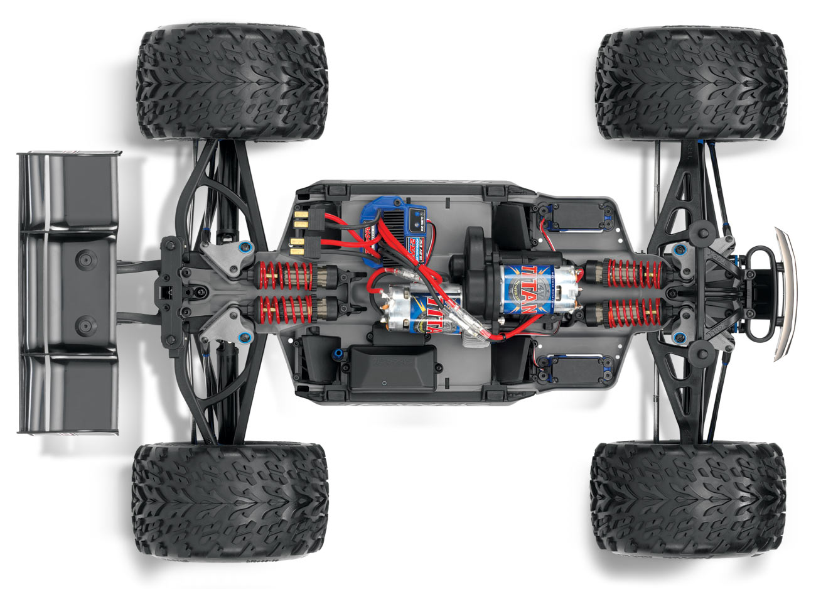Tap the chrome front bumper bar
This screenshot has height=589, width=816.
click(x=785, y=293)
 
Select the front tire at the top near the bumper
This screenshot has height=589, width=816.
click(x=691, y=84)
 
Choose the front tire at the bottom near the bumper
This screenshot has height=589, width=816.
click(x=687, y=499)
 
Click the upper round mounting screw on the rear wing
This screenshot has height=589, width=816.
click(x=84, y=258)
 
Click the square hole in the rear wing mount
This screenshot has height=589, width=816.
click(x=164, y=291)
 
